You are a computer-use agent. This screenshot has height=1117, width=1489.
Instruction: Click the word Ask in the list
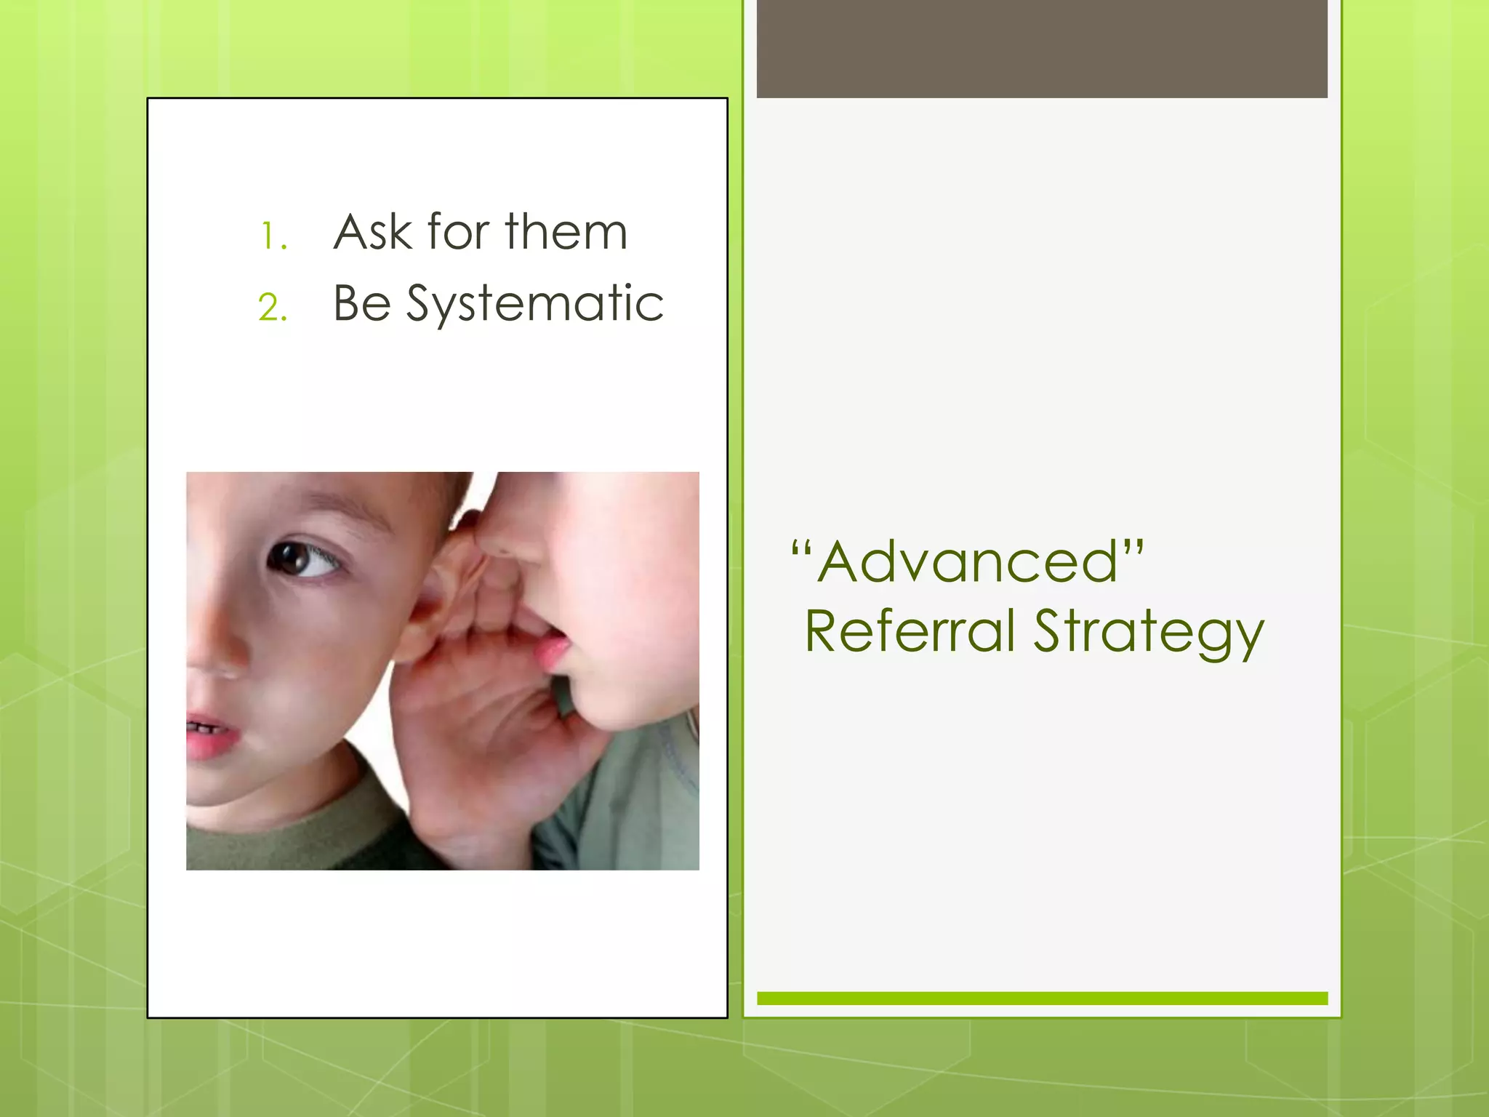click(372, 233)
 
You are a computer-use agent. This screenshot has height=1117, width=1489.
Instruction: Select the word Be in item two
click(362, 303)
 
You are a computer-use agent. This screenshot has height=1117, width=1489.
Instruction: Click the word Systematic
click(534, 305)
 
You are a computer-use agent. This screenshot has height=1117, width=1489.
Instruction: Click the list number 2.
click(273, 308)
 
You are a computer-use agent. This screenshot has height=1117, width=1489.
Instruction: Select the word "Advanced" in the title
click(967, 562)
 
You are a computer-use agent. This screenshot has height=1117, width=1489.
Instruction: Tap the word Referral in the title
click(910, 631)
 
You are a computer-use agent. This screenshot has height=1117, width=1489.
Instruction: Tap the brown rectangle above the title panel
click(1042, 49)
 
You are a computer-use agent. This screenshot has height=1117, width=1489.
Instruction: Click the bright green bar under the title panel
click(1042, 998)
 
